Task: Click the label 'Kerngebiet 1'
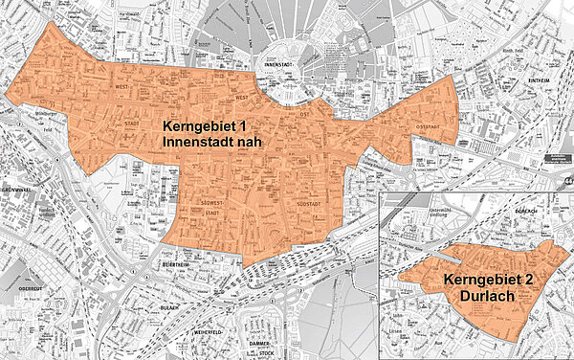click(211, 126)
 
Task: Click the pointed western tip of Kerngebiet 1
click(7, 94)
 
